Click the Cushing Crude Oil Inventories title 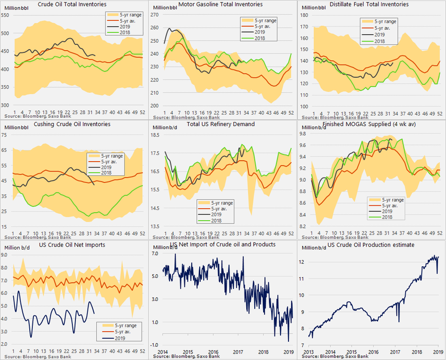click(x=71, y=124)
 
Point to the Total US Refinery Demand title click(x=221, y=124)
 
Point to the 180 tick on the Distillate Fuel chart click(x=304, y=14)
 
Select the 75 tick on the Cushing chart click(x=5, y=135)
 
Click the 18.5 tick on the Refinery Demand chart click(x=156, y=135)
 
